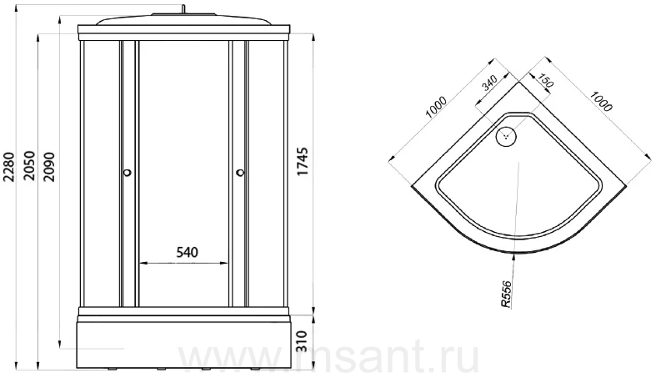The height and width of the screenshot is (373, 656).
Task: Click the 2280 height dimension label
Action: point(9,167)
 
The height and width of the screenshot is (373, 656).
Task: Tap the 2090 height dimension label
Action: point(48,167)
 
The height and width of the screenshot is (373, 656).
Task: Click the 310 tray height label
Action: point(302,341)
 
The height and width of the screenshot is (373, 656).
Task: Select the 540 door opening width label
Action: point(187,252)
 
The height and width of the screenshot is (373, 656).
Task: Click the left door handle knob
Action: point(128,172)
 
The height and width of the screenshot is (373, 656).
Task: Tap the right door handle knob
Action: point(240,172)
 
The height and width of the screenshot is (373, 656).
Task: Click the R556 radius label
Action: point(506,295)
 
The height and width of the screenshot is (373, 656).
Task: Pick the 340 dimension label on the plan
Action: point(489,83)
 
